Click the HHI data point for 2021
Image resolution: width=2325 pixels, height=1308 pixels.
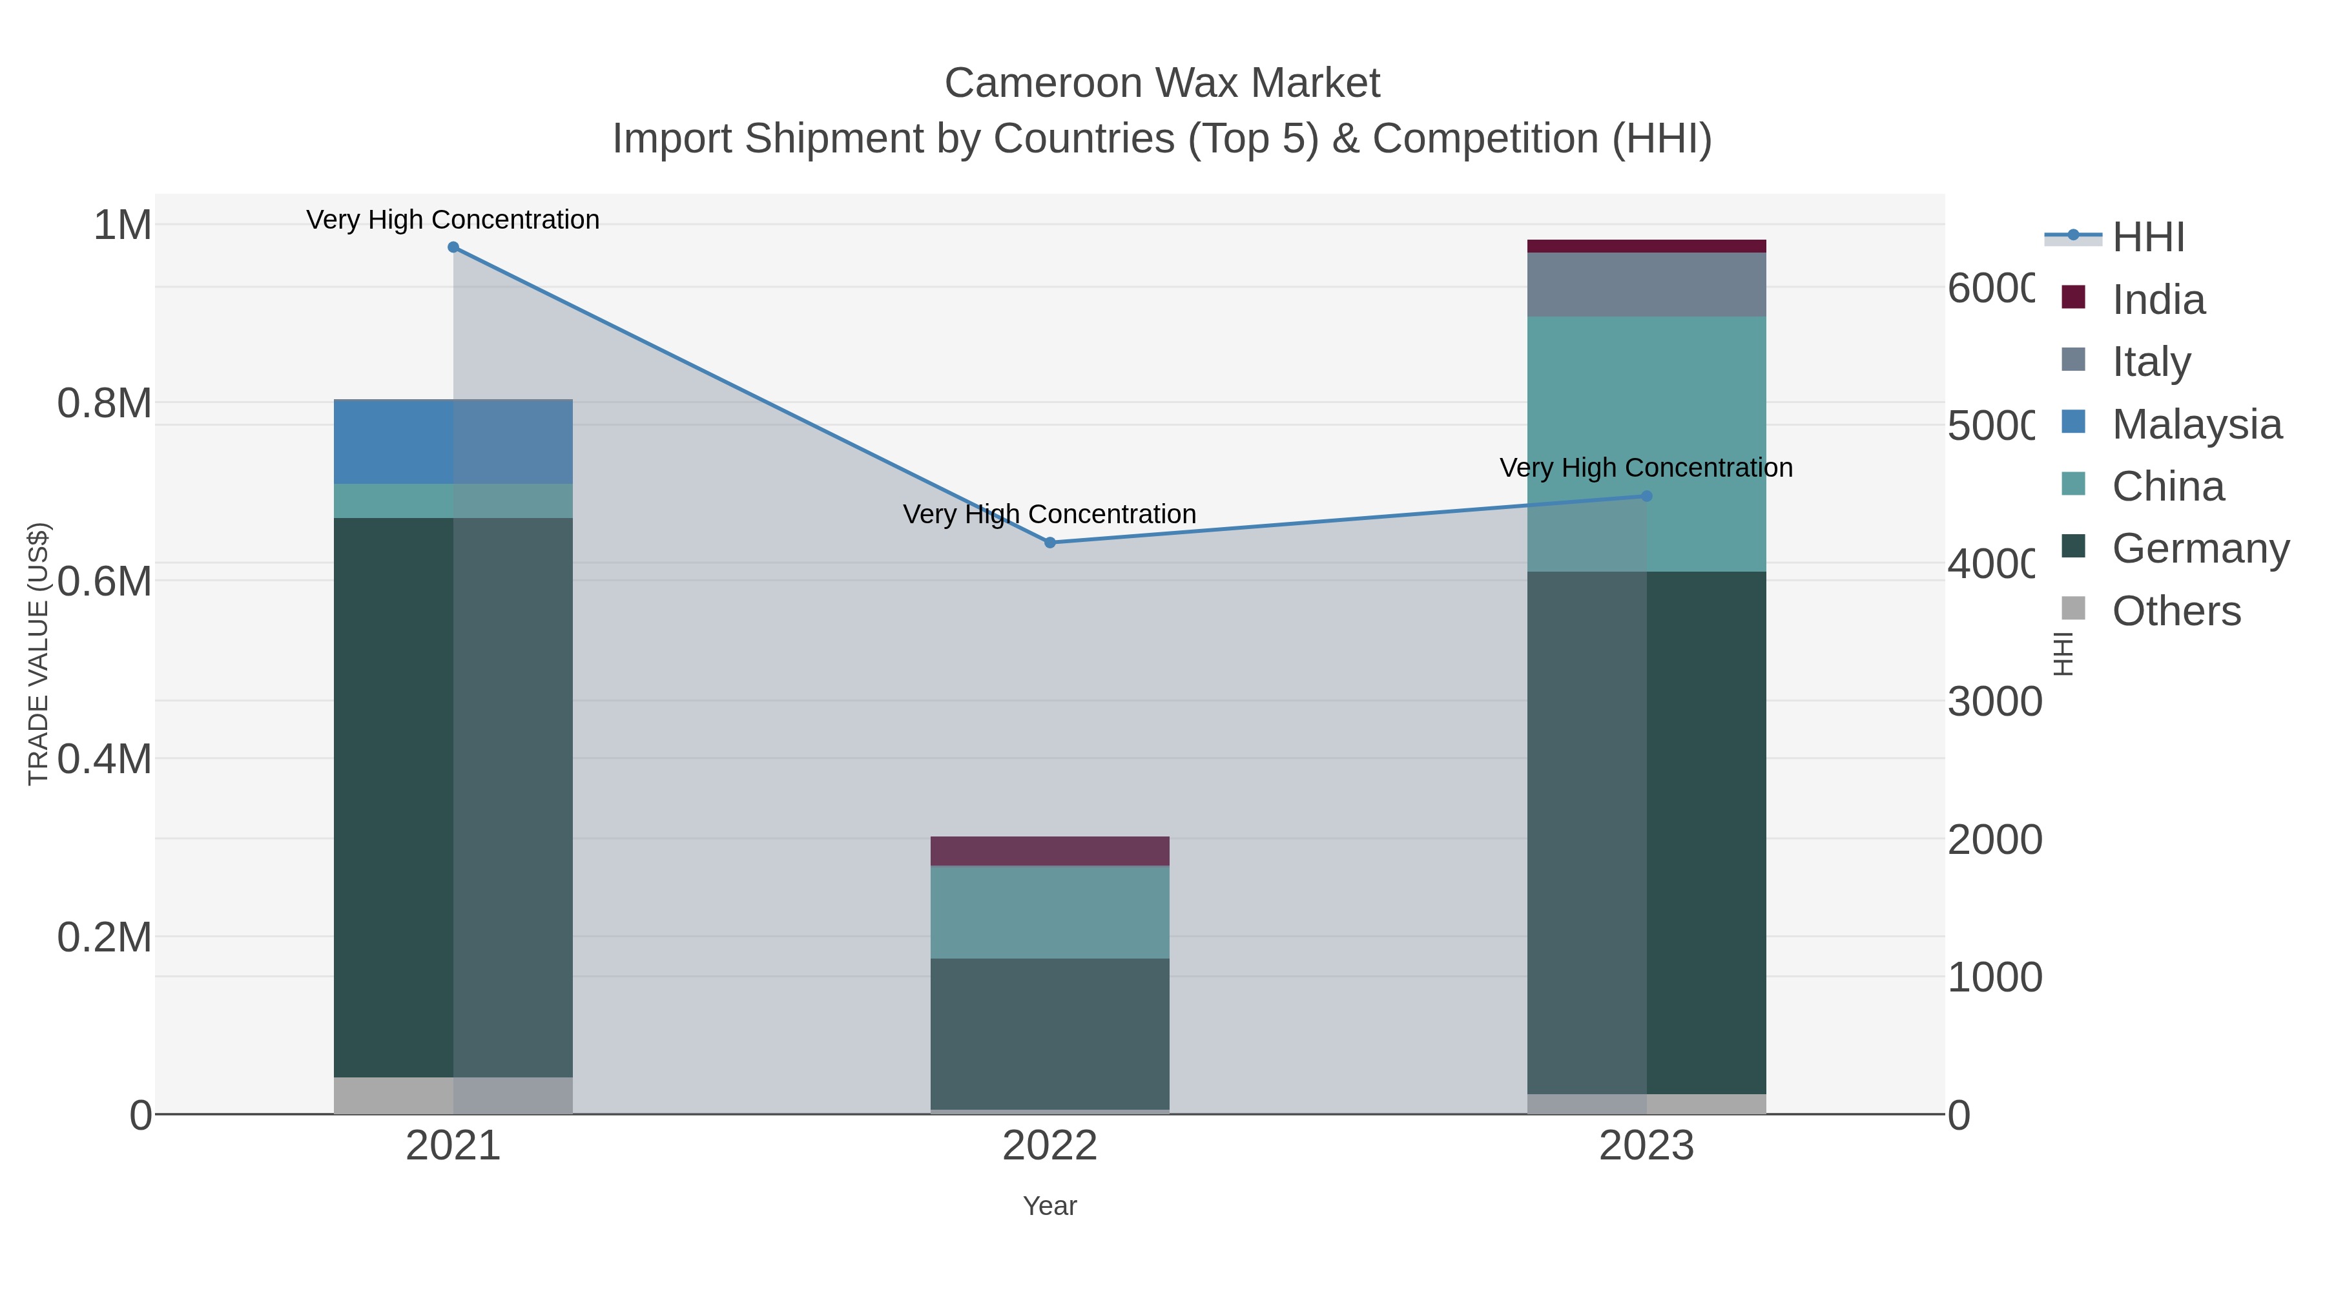tap(453, 247)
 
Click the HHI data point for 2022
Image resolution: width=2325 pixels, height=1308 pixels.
tap(1049, 543)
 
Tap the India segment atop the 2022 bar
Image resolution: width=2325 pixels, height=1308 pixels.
tap(1049, 851)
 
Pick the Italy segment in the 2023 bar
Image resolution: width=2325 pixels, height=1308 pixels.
tap(1646, 284)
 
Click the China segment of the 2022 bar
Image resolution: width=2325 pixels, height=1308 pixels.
tap(1049, 911)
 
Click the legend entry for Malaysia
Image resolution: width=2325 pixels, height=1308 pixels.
tap(2196, 424)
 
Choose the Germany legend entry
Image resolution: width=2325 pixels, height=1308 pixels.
tap(2200, 549)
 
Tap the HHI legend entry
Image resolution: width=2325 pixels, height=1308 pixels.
tap(2147, 238)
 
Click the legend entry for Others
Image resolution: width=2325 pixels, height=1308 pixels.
tap(2175, 611)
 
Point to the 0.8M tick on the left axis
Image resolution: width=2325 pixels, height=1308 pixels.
tap(105, 404)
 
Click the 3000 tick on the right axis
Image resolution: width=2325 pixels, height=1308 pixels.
tap(1994, 701)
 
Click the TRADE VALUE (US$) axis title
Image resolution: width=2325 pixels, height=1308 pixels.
tap(38, 654)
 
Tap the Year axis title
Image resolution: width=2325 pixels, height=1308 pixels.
tap(1049, 1206)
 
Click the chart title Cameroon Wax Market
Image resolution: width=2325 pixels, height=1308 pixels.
tap(1162, 83)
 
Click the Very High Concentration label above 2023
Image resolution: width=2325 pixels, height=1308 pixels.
tap(1646, 468)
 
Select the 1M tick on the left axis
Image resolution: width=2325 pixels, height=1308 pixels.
tap(123, 225)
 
